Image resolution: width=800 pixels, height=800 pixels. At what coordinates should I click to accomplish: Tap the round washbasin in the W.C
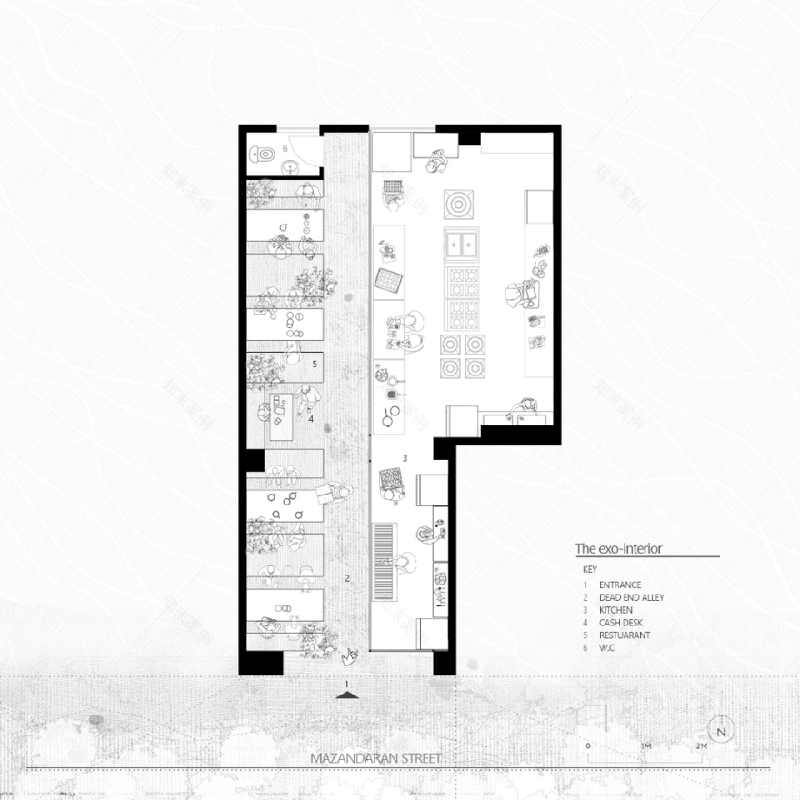[x=289, y=165]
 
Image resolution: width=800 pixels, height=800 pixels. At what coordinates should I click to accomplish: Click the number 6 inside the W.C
[x=285, y=147]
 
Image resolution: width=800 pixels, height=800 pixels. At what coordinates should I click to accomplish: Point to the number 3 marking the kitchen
[x=405, y=456]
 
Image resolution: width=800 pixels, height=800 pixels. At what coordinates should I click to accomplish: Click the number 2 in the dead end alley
[x=346, y=577]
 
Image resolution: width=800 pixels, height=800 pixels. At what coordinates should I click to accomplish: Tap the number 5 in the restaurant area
[x=314, y=364]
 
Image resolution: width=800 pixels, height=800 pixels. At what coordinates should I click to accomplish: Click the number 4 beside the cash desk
[x=310, y=419]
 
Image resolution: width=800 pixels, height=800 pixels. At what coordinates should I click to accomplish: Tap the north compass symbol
[x=723, y=730]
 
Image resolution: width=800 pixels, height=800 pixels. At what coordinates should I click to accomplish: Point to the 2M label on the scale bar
[x=701, y=745]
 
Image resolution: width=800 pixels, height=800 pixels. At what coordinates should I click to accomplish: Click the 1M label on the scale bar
[x=645, y=745]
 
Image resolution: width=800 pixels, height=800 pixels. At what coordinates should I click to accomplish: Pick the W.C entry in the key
[x=607, y=648]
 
